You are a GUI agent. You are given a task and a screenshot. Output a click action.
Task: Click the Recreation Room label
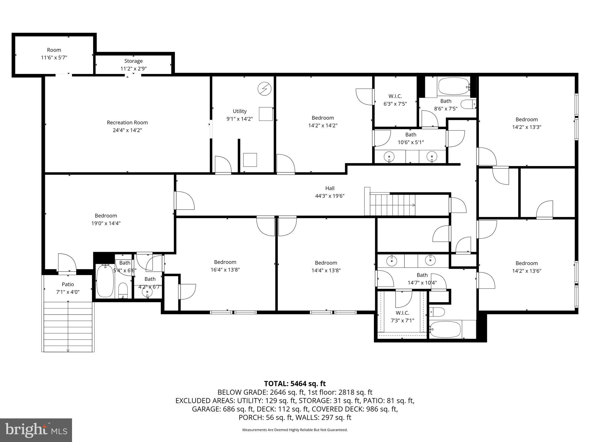tap(127, 123)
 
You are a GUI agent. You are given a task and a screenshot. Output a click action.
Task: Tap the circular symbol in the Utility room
tap(264, 89)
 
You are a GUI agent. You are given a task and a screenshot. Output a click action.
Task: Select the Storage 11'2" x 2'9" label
tap(133, 65)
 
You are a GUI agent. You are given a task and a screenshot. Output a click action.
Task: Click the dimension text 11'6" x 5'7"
tap(54, 58)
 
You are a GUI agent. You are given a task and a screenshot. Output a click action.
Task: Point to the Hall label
tap(330, 188)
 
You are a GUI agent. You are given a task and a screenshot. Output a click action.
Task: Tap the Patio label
tap(68, 284)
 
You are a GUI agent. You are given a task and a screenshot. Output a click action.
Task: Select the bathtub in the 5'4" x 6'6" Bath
tap(105, 281)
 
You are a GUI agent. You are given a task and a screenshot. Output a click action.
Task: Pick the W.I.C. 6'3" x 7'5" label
tap(395, 100)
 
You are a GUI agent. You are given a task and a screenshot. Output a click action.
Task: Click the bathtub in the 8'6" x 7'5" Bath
tap(453, 86)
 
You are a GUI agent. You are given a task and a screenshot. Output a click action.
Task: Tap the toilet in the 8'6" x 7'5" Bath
tap(468, 104)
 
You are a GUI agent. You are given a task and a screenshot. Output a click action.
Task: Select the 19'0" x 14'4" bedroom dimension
tap(106, 223)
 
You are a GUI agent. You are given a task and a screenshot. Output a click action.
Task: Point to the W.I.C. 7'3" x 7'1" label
tap(402, 317)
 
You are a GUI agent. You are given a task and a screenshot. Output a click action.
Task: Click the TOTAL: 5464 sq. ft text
tap(295, 384)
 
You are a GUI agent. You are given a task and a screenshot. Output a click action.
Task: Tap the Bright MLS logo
tap(36, 430)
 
